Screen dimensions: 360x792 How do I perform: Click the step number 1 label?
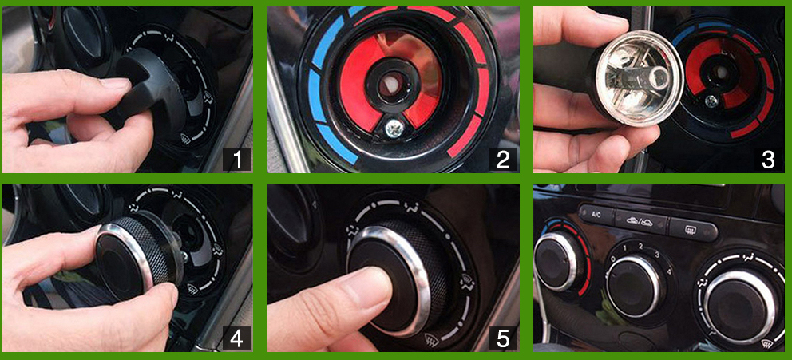236,160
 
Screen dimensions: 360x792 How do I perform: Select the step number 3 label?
768,160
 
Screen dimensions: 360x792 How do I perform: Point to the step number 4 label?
236,338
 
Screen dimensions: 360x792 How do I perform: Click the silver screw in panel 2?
394,125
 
